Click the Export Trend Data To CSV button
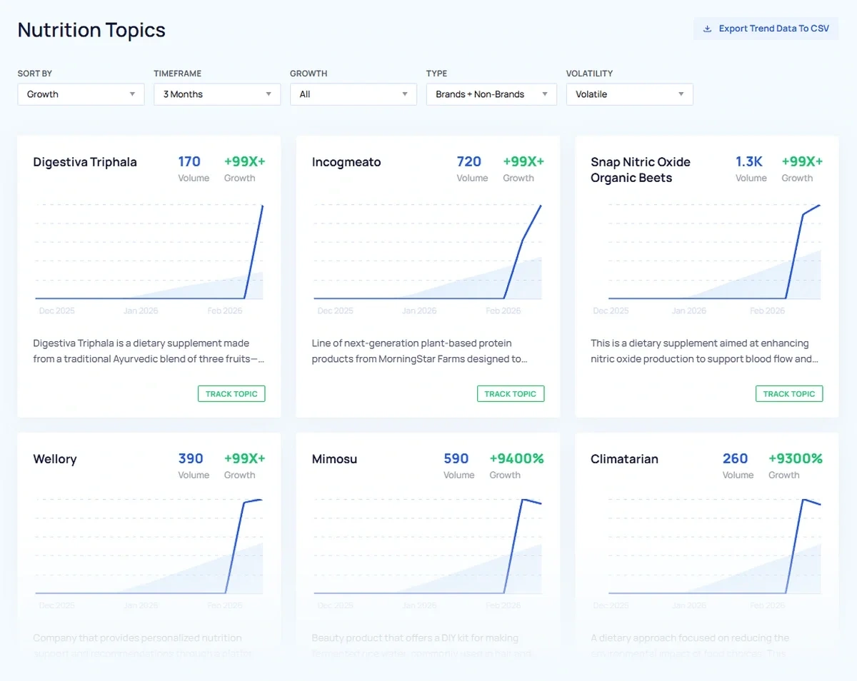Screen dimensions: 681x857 click(766, 29)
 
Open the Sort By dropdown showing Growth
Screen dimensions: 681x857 click(81, 94)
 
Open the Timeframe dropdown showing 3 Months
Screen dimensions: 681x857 click(217, 94)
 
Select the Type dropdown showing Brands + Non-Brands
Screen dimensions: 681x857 click(491, 94)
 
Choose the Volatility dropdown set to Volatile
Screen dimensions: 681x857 click(629, 94)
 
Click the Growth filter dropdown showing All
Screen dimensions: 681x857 click(353, 94)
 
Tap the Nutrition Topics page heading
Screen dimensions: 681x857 click(91, 30)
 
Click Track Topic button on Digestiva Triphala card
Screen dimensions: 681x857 click(231, 394)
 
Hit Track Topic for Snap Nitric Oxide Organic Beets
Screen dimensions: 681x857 click(789, 394)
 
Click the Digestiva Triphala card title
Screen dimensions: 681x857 click(85, 162)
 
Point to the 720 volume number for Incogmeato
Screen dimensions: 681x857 click(468, 162)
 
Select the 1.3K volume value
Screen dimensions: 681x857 click(749, 162)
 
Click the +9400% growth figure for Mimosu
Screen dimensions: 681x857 click(516, 459)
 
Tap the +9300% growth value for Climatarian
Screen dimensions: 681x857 click(795, 459)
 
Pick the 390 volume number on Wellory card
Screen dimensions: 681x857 click(191, 459)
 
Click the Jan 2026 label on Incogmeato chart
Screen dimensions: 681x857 click(419, 311)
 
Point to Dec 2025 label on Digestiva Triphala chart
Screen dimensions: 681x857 click(56, 311)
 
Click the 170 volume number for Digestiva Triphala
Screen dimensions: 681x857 click(189, 162)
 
